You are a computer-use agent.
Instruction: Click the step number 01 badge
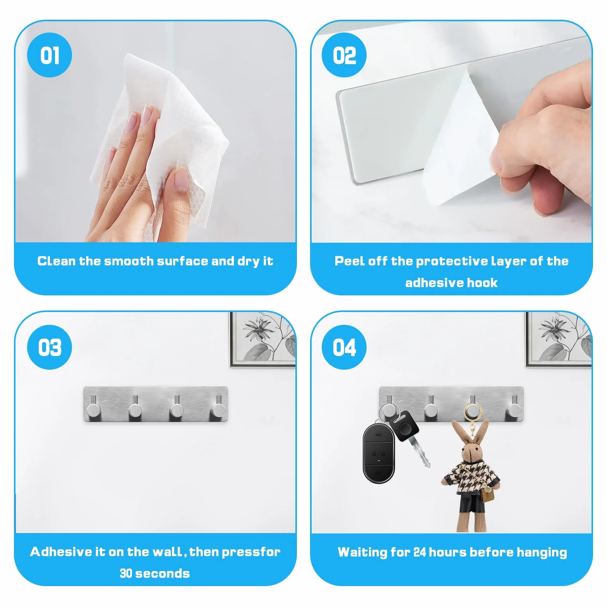coord(50,55)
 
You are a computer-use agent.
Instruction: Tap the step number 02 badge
coord(344,55)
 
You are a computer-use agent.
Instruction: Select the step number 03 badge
coord(50,347)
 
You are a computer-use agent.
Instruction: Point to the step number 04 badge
coord(344,347)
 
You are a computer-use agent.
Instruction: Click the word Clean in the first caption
coord(57,261)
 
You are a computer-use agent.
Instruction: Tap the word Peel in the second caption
coord(350,261)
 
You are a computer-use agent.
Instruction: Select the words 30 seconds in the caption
coord(155,573)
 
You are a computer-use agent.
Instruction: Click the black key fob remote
coord(378,453)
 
